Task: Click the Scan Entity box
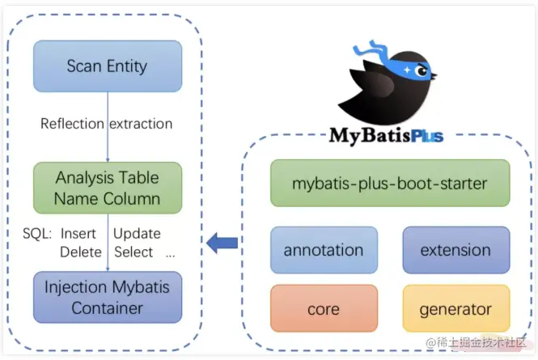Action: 107,66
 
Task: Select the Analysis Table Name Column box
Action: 107,188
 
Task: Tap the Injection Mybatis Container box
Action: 107,298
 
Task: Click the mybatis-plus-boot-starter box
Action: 390,184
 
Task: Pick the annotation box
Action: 324,250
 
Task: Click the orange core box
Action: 324,309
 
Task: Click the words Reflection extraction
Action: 107,124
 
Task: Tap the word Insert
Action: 78,234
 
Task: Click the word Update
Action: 137,234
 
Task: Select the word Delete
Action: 80,252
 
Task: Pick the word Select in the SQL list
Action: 133,252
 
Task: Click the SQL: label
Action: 37,234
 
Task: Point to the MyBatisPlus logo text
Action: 386,135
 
